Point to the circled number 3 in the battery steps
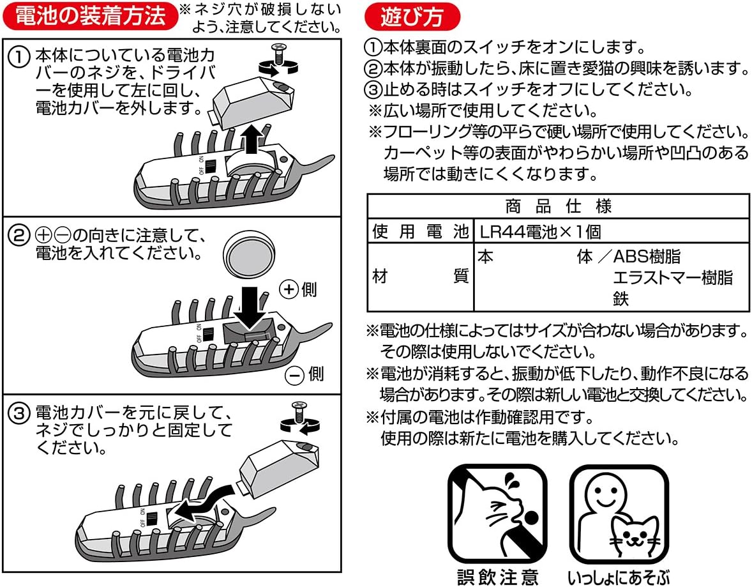19,413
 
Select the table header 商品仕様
557,206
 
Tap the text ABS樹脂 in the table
646,257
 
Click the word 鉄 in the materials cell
620,298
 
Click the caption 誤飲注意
498,577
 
